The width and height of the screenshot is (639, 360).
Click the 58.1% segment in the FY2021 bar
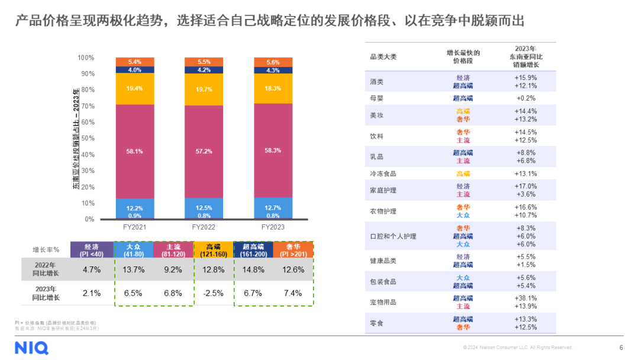tap(134, 151)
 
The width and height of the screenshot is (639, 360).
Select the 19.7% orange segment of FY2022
tap(204, 89)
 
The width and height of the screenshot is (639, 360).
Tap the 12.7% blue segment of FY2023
tap(273, 207)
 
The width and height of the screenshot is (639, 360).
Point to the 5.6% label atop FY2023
tap(273, 62)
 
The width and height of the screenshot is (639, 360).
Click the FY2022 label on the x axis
tap(204, 227)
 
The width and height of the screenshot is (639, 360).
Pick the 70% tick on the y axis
tap(87, 106)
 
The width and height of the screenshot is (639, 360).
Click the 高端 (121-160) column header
tap(214, 250)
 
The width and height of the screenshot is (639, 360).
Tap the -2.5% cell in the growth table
tap(214, 293)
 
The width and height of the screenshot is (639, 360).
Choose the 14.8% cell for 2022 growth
tap(253, 269)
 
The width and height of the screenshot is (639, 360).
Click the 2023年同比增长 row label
tap(44, 293)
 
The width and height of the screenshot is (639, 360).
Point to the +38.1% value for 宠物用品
tap(525, 298)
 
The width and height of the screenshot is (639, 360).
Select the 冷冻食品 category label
tap(383, 174)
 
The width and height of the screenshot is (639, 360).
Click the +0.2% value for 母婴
tap(525, 98)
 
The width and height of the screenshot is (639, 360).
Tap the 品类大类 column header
tap(383, 57)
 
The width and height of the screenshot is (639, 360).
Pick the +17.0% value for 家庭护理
tap(525, 187)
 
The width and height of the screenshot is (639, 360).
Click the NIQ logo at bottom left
tap(31, 348)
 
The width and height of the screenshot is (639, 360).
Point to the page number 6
tap(621, 348)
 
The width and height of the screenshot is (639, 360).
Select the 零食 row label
tap(376, 323)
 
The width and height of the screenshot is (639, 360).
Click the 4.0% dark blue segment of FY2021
tap(134, 70)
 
